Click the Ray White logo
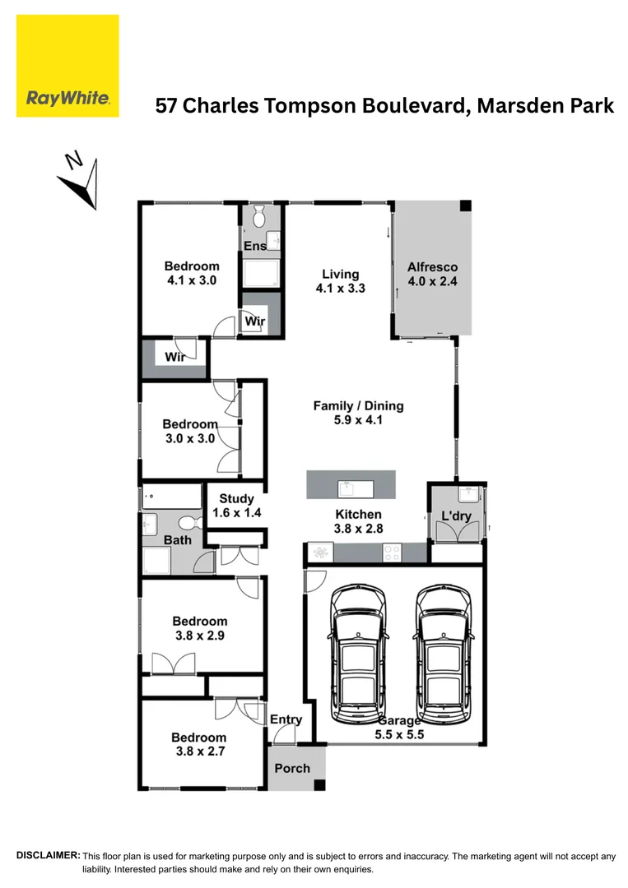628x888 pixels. [x=67, y=66]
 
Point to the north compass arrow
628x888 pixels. [x=82, y=179]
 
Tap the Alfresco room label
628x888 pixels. [x=432, y=274]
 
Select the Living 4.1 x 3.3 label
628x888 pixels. [x=340, y=281]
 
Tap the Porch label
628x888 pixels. [x=292, y=768]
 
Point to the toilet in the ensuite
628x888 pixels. [x=259, y=217]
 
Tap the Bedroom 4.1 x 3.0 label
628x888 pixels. [x=191, y=273]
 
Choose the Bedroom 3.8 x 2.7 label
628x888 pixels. [x=198, y=745]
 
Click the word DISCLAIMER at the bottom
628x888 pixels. [x=48, y=856]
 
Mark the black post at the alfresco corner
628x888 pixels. [x=465, y=206]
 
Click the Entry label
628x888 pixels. [x=286, y=719]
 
